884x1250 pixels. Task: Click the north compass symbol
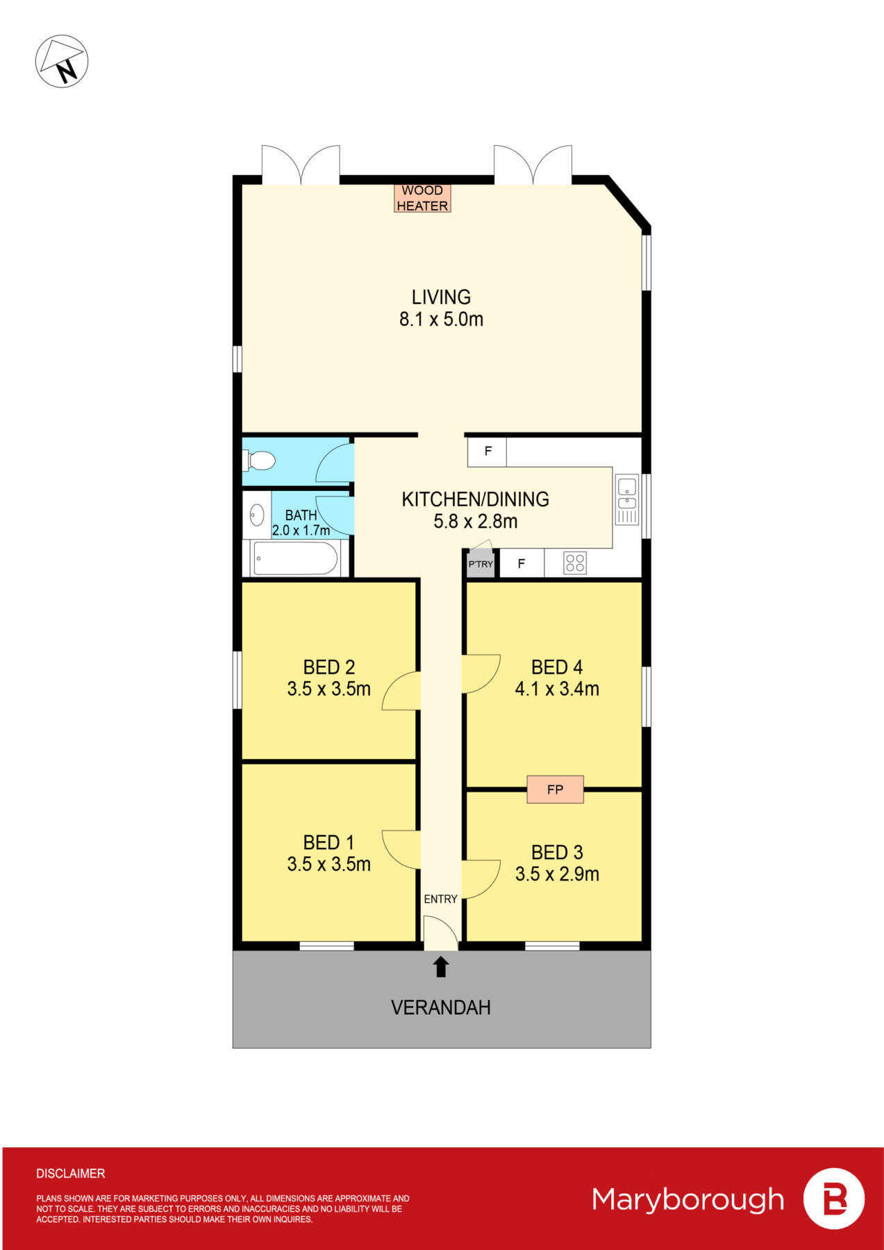point(62,61)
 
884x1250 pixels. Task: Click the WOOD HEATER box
point(422,198)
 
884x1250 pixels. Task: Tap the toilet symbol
point(260,460)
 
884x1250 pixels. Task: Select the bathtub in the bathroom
point(295,558)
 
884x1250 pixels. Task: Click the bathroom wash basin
point(257,515)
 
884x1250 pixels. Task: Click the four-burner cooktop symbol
point(575,562)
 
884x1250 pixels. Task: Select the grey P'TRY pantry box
point(480,564)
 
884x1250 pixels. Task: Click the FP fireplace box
point(555,790)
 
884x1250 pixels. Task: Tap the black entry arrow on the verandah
point(441,967)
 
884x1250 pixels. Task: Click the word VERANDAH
point(441,1008)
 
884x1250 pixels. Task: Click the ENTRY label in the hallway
point(440,899)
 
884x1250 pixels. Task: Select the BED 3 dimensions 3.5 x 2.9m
point(557,874)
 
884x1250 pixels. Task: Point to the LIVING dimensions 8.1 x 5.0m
point(441,319)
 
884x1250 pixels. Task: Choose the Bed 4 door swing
point(481,674)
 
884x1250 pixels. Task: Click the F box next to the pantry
point(521,564)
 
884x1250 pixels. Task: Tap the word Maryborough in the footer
point(687,1199)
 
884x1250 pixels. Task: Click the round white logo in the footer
point(833,1199)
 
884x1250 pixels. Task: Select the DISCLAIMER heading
point(71,1174)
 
